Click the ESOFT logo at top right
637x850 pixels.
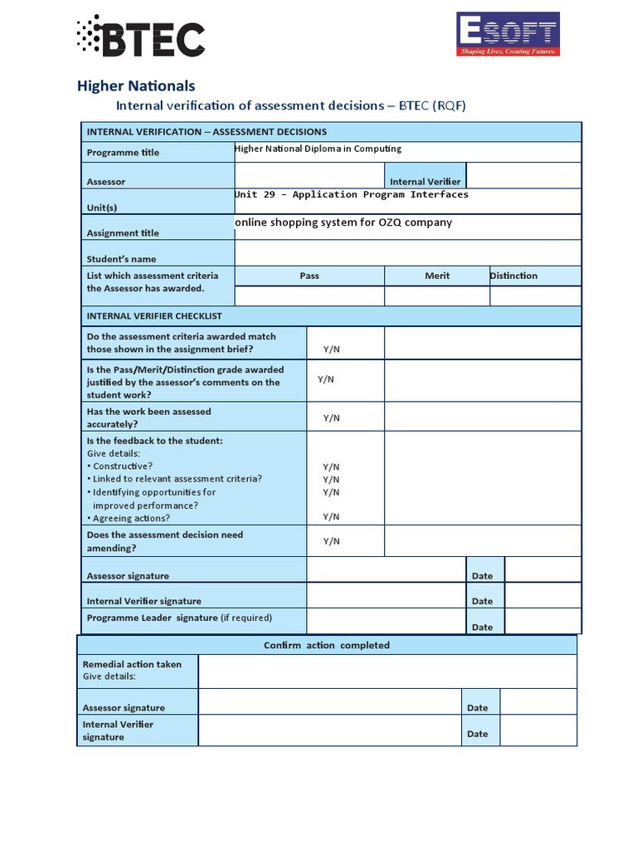pyautogui.click(x=508, y=34)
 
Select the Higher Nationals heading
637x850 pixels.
pyautogui.click(x=136, y=85)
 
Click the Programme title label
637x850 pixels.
pyautogui.click(x=123, y=153)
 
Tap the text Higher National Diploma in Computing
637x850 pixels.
pyautogui.click(x=318, y=149)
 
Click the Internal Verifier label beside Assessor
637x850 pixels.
pyautogui.click(x=425, y=182)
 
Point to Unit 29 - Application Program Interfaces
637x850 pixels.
pyautogui.click(x=351, y=194)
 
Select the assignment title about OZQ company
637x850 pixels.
pyautogui.click(x=343, y=222)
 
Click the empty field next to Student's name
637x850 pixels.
pyautogui.click(x=407, y=253)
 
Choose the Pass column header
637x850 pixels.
pyautogui.click(x=309, y=276)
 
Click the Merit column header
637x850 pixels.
pyautogui.click(x=437, y=276)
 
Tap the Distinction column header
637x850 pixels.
pyautogui.click(x=513, y=276)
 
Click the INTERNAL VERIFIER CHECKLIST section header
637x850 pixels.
pyautogui.click(x=154, y=316)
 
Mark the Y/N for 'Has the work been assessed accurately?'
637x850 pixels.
pyautogui.click(x=331, y=418)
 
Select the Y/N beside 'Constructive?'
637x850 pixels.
pyautogui.click(x=331, y=467)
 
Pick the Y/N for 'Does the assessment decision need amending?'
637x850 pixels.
pyautogui.click(x=331, y=541)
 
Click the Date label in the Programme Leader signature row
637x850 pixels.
pyautogui.click(x=482, y=627)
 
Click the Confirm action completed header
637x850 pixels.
pyautogui.click(x=326, y=645)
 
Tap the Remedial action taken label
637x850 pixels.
pyautogui.click(x=132, y=664)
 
